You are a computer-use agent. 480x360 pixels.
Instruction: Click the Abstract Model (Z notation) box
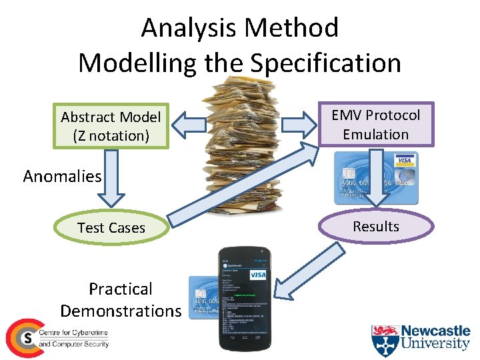(111, 126)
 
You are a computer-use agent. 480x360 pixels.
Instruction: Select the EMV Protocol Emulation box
(375, 125)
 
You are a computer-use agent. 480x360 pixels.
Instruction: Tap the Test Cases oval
(111, 227)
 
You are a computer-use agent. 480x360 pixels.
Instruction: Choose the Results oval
(375, 226)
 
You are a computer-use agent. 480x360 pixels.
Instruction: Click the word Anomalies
(62, 177)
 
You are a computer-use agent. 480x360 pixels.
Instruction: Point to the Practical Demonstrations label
(121, 299)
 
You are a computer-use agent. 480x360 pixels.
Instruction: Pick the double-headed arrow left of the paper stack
(193, 125)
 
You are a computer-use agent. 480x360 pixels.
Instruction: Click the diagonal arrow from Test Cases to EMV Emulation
(240, 183)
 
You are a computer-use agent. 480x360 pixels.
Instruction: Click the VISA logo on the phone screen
(257, 275)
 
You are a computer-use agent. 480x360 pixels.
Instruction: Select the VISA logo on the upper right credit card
(404, 161)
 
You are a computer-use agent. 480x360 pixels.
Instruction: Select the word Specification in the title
(326, 63)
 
